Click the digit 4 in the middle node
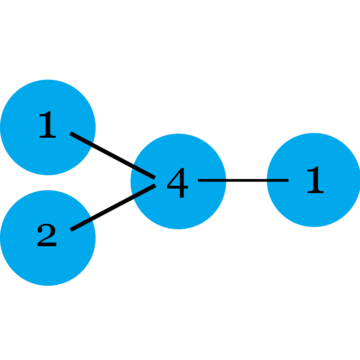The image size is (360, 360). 178,182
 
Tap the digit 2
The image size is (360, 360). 47,235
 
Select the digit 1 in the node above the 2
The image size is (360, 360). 48,124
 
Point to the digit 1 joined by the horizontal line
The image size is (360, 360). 315,179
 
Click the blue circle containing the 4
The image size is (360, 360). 178,181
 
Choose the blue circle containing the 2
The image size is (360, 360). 48,238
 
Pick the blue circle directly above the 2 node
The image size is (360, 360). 48,127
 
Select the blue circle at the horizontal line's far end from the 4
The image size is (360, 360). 314,180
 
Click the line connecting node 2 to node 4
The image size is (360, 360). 113,207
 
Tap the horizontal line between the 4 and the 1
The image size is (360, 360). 243,180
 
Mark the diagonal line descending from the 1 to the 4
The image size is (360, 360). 113,155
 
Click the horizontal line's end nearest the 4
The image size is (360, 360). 198,180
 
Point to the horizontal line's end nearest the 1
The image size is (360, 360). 288,180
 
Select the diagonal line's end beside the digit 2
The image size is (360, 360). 71,230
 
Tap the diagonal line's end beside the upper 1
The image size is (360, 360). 71,133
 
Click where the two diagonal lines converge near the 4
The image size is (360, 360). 155,181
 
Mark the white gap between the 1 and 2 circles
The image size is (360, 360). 48,183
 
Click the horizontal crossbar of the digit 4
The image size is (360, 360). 178,187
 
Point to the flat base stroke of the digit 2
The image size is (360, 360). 47,245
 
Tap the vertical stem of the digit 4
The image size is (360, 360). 182,183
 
